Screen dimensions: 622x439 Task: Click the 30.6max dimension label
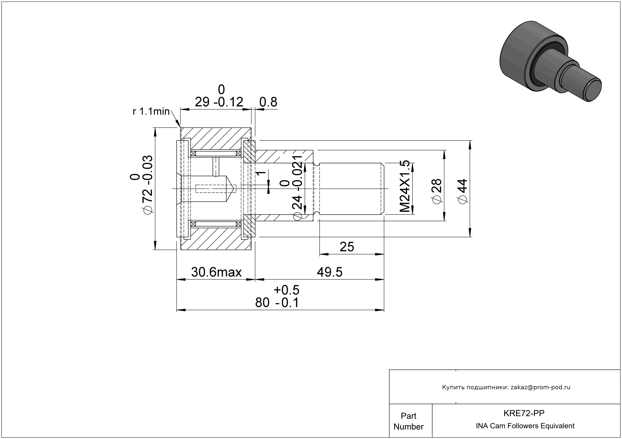[x=216, y=272]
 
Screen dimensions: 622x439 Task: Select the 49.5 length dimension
[x=330, y=272]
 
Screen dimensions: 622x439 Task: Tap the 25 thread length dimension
[x=347, y=247]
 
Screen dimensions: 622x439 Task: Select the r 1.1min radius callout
[x=151, y=111]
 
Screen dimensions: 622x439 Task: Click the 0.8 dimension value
[x=268, y=102]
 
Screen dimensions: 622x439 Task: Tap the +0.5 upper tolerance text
[x=286, y=290]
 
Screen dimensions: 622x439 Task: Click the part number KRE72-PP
[x=524, y=413]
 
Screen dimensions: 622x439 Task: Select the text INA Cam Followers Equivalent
[x=525, y=426]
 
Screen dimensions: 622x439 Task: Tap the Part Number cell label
[x=408, y=421]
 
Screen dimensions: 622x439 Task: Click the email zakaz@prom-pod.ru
[x=540, y=387]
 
